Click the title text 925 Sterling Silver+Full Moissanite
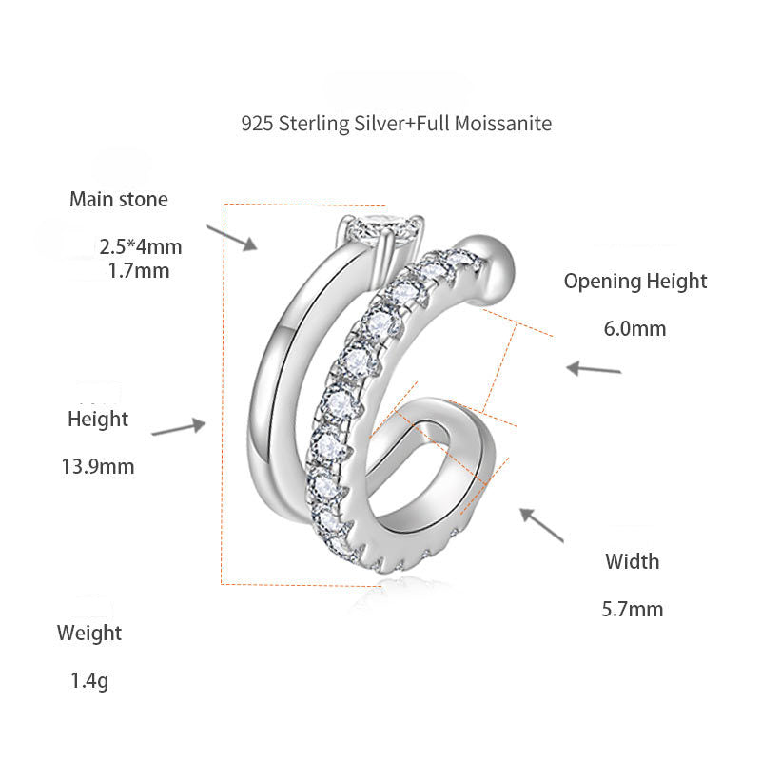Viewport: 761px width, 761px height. click(x=396, y=124)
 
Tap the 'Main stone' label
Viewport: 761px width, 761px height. click(x=118, y=200)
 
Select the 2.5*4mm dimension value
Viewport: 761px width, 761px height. click(x=140, y=247)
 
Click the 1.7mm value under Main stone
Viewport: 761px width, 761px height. click(x=140, y=270)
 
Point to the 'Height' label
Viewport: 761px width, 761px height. click(x=97, y=419)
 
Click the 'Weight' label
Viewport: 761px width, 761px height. click(x=89, y=633)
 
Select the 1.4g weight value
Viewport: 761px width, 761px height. click(x=89, y=681)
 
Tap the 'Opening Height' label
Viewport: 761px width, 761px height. click(x=635, y=282)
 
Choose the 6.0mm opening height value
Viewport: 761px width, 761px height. click(x=634, y=329)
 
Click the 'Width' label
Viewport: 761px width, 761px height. click(x=633, y=561)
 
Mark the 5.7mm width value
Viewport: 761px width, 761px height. click(x=633, y=609)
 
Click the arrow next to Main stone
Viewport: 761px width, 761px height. click(x=233, y=238)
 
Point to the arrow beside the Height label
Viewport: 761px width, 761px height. click(x=179, y=429)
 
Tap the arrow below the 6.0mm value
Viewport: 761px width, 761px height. click(x=594, y=368)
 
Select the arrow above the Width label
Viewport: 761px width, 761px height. click(x=540, y=525)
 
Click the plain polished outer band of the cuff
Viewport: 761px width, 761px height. click(x=276, y=380)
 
